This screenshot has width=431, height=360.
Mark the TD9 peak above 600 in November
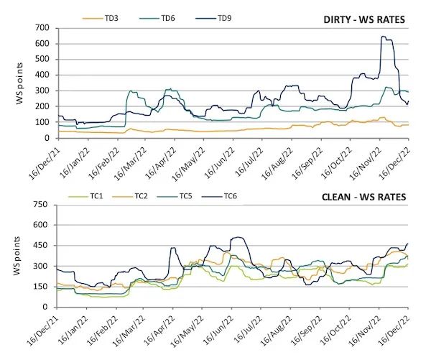click(x=384, y=37)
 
